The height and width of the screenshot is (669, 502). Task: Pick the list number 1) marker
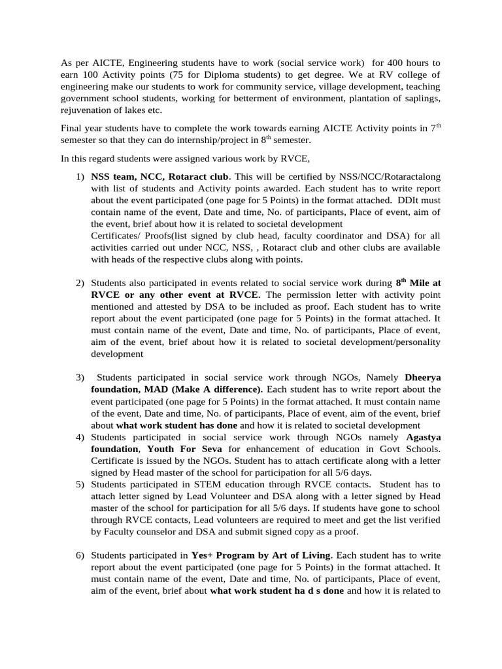coord(80,177)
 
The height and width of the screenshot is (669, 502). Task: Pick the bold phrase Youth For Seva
coord(185,448)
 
